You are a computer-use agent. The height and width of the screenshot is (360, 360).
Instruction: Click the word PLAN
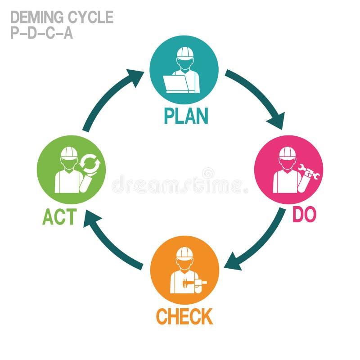tap(186, 116)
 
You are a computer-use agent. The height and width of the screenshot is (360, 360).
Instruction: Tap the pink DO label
tap(304, 215)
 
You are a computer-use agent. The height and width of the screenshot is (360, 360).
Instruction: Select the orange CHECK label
tap(184, 317)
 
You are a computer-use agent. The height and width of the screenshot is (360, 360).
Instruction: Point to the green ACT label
tap(59, 217)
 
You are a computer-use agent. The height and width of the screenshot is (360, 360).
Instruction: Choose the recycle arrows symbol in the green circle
tap(90, 164)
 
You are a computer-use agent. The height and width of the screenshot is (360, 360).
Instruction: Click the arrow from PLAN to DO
tap(257, 99)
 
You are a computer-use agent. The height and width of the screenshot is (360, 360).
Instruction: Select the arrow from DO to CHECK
tap(257, 243)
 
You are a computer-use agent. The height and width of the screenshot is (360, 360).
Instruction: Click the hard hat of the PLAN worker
tap(184, 53)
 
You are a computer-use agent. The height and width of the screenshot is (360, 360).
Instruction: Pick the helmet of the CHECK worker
tap(184, 253)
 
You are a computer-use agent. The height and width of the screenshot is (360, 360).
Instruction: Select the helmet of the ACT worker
tap(69, 153)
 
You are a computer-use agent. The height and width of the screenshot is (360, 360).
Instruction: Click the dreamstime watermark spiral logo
tap(208, 173)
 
